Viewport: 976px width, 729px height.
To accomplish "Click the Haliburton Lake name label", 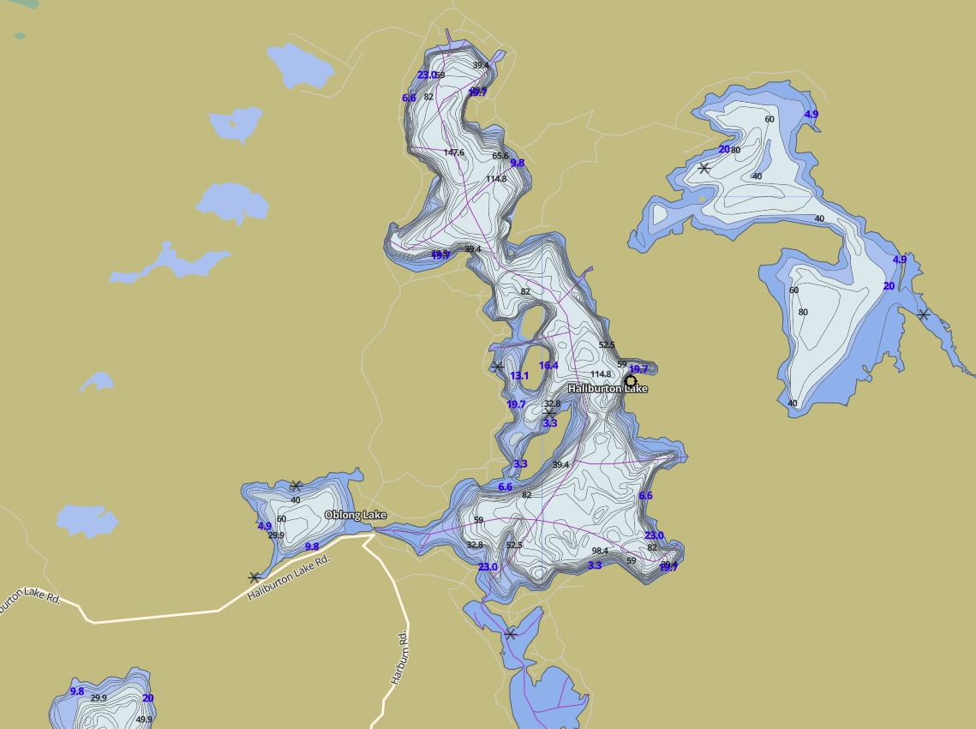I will pos(608,389).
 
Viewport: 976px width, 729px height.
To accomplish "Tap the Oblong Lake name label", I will pos(355,515).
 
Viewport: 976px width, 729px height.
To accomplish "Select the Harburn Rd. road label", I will pos(399,658).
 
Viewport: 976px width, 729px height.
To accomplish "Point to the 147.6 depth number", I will pos(454,153).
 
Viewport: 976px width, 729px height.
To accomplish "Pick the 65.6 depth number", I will pos(500,156).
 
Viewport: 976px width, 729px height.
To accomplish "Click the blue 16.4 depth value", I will pos(548,366).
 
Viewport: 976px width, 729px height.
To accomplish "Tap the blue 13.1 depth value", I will pos(519,376).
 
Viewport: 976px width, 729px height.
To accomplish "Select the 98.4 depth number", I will pos(600,551).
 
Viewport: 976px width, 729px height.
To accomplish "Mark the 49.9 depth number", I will pos(144,720).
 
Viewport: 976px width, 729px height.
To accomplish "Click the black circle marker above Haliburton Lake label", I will pos(631,381).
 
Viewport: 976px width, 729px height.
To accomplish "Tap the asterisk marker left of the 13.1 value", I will pos(498,367).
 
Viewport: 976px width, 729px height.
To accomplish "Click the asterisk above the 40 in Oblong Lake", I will pos(296,487).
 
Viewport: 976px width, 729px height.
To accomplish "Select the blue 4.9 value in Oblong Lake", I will pos(265,527).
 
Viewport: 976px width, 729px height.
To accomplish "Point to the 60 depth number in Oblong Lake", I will pos(281,519).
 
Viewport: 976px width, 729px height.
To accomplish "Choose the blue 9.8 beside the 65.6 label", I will pos(518,163).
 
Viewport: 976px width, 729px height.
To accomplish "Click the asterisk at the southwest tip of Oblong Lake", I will pos(254,578).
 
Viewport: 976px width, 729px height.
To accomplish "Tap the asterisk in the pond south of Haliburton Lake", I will pos(511,634).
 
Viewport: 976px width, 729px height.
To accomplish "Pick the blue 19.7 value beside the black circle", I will pos(638,370).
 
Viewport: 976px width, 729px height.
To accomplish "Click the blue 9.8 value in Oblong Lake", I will pos(312,547).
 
